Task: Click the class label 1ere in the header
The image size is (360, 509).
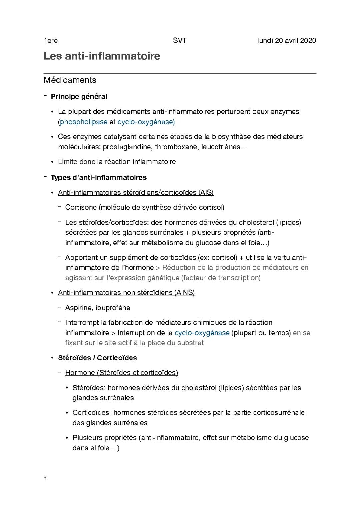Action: (x=51, y=41)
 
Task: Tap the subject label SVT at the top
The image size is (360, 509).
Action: (x=180, y=41)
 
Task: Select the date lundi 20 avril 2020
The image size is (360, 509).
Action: (x=287, y=41)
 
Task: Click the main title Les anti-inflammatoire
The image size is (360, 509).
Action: (x=102, y=56)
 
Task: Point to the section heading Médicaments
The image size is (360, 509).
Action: (x=70, y=80)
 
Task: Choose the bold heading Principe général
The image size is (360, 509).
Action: (x=79, y=97)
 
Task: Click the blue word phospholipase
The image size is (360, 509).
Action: (x=84, y=122)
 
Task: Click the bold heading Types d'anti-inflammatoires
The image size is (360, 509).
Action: (x=98, y=177)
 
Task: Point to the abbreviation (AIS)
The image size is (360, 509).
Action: (x=206, y=192)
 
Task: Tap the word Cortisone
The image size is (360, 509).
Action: (x=81, y=207)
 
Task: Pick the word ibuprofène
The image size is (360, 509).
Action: (x=113, y=308)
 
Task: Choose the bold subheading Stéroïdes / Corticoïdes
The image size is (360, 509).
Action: (x=97, y=358)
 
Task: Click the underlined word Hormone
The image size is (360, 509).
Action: (x=80, y=373)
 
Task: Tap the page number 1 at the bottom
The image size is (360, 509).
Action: (x=46, y=479)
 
